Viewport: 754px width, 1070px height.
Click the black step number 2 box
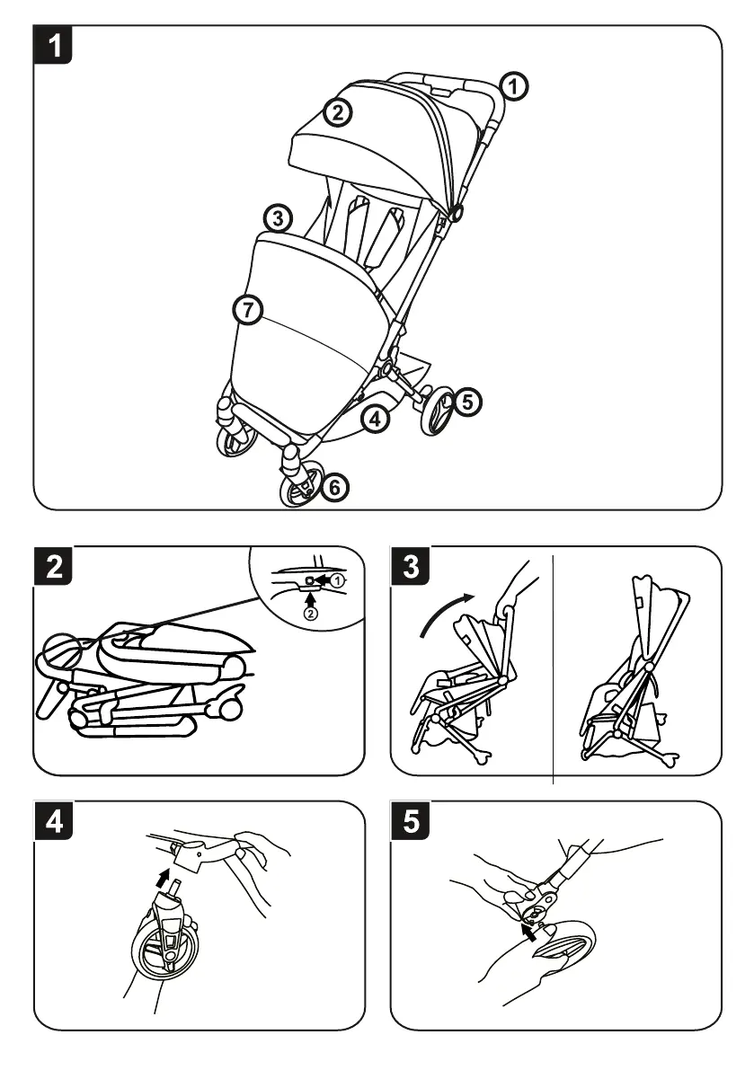pos(55,569)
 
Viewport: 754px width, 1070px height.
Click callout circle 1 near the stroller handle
pos(513,87)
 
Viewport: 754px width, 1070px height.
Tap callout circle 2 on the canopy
pos(338,113)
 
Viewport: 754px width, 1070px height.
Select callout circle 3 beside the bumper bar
pos(278,218)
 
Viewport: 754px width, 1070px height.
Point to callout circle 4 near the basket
pos(377,418)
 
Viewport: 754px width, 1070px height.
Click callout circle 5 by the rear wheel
pos(466,402)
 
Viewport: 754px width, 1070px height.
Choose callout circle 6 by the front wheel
pos(332,488)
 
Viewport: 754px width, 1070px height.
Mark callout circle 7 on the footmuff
pos(247,310)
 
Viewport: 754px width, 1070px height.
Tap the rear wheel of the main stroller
pos(439,411)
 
